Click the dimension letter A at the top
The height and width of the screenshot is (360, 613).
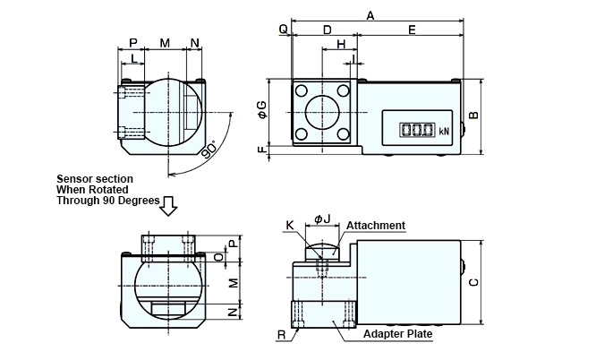(x=370, y=14)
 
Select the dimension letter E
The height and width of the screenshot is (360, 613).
(x=411, y=30)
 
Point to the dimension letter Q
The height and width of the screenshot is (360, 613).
(x=283, y=30)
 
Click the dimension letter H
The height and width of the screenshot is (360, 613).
(x=341, y=44)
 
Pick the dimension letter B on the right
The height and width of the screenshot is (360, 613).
(x=475, y=114)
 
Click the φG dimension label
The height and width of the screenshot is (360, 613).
(x=261, y=109)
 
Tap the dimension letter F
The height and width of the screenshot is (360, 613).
(x=261, y=150)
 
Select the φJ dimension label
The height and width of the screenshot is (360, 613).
(x=323, y=219)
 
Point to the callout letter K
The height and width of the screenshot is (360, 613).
(x=289, y=226)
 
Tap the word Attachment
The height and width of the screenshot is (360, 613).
(x=375, y=226)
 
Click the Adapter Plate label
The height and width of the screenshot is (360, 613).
(x=397, y=334)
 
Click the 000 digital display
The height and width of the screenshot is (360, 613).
(x=417, y=130)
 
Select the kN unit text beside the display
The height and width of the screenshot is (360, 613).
(x=444, y=131)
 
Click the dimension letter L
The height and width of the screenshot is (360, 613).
(x=134, y=58)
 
